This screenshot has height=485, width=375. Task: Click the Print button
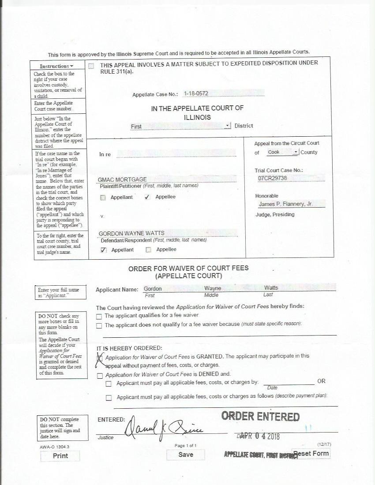click(x=60, y=456)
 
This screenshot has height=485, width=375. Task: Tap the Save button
click(x=185, y=455)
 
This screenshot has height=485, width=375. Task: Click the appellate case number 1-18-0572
click(x=196, y=93)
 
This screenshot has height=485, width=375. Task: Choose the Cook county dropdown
click(x=283, y=152)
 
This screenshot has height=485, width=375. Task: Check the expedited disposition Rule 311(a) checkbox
click(x=91, y=66)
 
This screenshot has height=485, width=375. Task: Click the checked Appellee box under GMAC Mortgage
click(x=147, y=197)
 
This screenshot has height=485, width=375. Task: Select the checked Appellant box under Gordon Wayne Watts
click(x=103, y=250)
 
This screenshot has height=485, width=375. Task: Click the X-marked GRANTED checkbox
click(x=100, y=358)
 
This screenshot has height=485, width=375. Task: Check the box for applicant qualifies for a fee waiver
click(x=99, y=316)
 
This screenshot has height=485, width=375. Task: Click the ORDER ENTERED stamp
click(x=260, y=416)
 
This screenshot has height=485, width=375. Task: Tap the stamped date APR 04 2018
click(x=260, y=436)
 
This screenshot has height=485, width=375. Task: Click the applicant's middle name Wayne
click(x=213, y=288)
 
